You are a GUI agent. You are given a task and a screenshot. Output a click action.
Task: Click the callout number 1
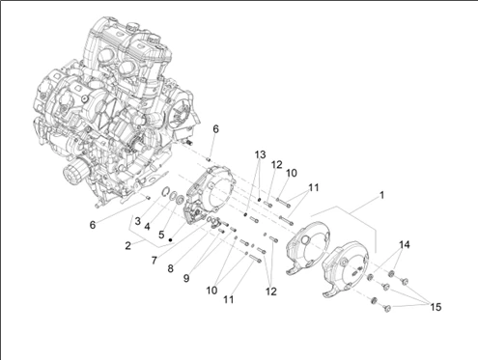381,195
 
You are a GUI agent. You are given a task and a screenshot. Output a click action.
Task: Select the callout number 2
127,246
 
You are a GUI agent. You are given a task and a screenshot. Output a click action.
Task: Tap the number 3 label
138,221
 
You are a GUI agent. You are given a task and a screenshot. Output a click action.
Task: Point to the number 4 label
147,227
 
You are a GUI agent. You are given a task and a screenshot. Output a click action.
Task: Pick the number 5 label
161,235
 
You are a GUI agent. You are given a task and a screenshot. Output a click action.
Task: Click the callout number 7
155,261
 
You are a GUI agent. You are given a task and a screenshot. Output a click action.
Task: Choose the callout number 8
171,268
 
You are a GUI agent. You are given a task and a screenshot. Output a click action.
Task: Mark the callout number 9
186,278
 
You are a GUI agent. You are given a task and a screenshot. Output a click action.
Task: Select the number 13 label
260,154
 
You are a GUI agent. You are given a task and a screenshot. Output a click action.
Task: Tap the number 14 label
405,244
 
